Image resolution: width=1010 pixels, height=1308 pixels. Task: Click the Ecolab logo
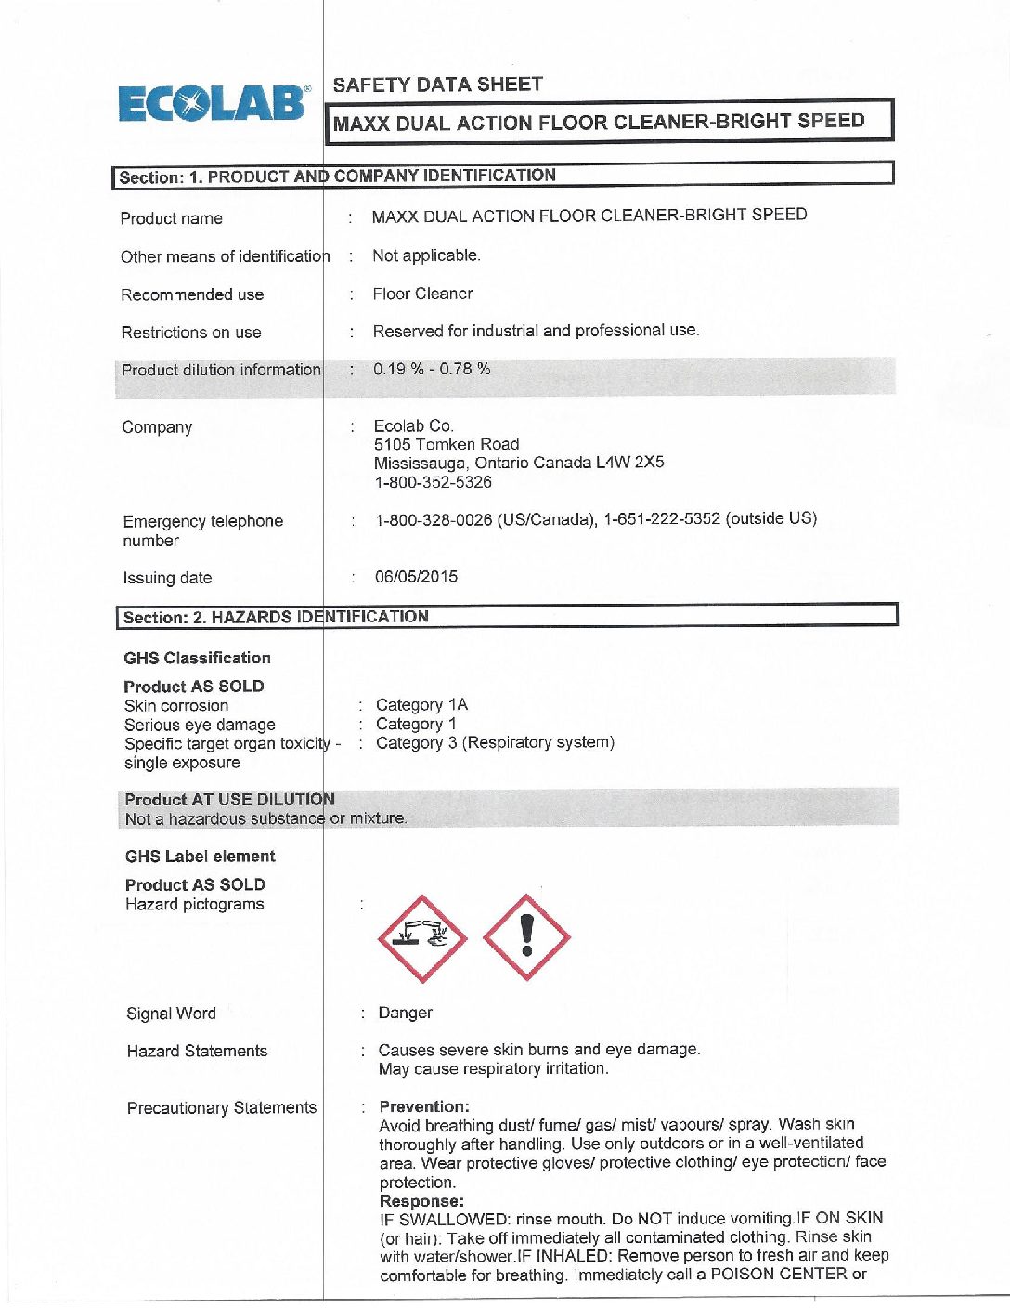(x=212, y=104)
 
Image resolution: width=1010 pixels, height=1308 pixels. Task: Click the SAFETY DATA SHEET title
(x=437, y=85)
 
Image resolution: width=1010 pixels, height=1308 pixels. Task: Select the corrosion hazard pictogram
(x=422, y=938)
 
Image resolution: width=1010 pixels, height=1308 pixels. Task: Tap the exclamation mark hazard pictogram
(x=526, y=937)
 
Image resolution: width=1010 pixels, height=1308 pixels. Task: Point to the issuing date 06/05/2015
(x=416, y=577)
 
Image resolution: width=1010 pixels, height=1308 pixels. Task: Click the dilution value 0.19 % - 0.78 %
(x=432, y=369)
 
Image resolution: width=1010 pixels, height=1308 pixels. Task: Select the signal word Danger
(x=405, y=1013)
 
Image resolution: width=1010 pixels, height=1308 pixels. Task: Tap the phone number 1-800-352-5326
(x=433, y=482)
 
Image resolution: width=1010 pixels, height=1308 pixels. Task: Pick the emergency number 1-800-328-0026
(x=434, y=519)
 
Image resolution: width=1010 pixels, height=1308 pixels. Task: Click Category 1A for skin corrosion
(x=421, y=705)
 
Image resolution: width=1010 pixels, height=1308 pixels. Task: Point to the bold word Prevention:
(x=424, y=1106)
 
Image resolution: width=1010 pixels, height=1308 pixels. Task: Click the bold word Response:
(x=421, y=1201)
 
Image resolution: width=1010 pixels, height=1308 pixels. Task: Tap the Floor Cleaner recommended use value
(x=422, y=294)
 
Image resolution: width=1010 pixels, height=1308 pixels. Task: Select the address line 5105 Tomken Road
(x=447, y=444)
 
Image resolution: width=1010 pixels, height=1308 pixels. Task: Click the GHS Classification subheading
(x=197, y=658)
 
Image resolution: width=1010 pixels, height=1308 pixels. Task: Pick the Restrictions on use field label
(x=191, y=333)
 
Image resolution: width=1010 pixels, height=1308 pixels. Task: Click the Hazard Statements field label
(x=197, y=1051)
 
